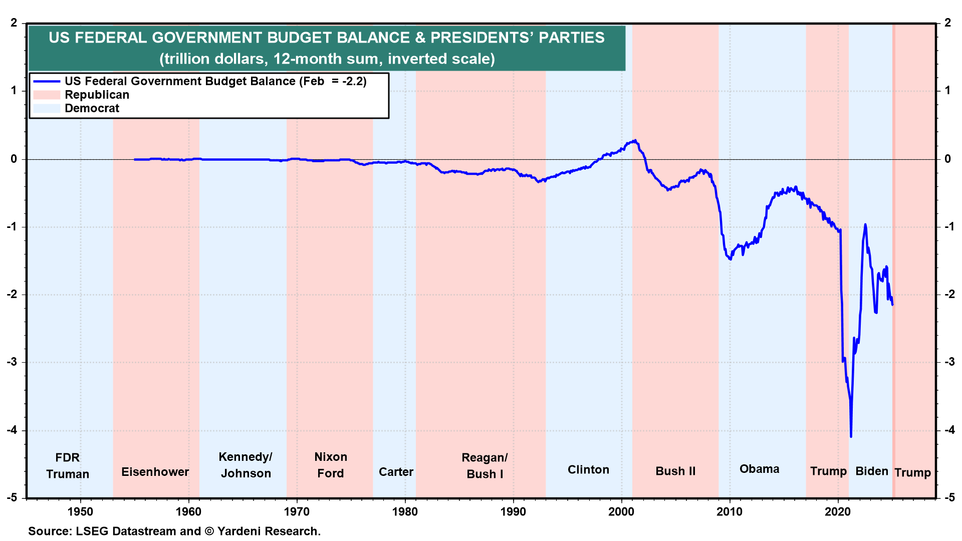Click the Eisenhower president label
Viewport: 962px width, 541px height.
tap(155, 472)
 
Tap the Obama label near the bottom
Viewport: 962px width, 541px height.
tap(759, 469)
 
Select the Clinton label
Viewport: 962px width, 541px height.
tap(588, 469)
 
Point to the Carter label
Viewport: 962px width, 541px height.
tap(396, 472)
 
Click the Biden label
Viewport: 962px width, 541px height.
tap(871, 471)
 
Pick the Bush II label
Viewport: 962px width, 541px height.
tap(675, 471)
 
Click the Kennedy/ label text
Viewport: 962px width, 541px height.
tap(246, 457)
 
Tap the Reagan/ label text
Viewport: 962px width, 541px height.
tap(485, 457)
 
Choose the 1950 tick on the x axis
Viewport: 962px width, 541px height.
tap(80, 511)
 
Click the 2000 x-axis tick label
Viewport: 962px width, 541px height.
tap(621, 511)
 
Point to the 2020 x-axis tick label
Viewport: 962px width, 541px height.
tap(838, 511)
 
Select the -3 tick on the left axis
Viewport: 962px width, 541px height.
tap(12, 362)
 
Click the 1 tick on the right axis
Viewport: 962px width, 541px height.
tap(947, 91)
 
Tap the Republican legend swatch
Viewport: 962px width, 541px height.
tap(47, 95)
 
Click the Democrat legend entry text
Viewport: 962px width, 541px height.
tap(92, 108)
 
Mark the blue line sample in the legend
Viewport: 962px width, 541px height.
tap(47, 81)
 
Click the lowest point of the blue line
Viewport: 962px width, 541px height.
tap(851, 437)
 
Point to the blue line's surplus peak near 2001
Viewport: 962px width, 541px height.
tap(635, 140)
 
